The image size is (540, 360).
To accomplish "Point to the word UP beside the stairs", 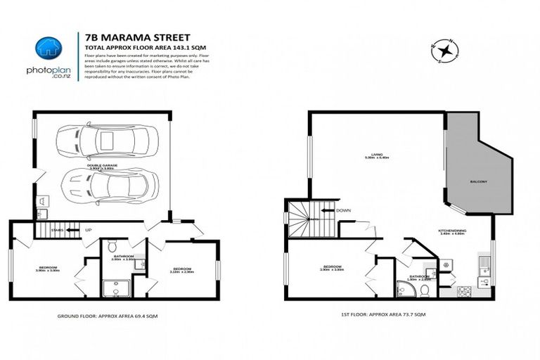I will pos(87,229).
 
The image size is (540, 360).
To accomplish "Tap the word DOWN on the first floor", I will pos(344,210).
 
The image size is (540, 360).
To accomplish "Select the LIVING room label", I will pos(378,155).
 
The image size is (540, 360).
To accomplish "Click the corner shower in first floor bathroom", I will pos(401,290).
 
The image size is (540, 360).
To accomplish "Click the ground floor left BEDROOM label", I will pos(47,268).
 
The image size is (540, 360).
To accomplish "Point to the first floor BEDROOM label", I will pos(332,267).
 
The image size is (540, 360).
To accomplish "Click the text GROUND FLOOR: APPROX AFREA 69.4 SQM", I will pos(107,317).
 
